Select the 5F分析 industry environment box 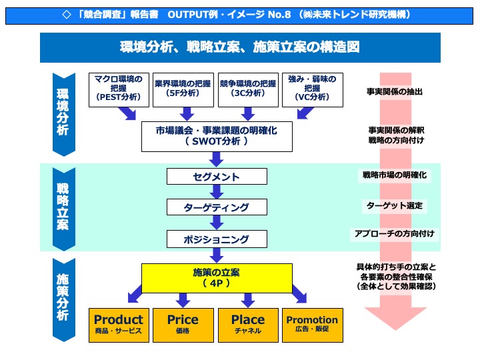point(182,89)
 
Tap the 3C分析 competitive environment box point(247,89)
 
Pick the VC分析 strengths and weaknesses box point(312,89)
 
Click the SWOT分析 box point(216,136)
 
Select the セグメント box point(216,177)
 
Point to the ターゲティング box point(216,207)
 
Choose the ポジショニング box point(216,239)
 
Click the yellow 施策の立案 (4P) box point(216,278)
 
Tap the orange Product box point(119,325)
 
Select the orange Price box point(183,325)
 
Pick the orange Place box point(248,325)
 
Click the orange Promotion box point(312,325)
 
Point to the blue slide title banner point(240,47)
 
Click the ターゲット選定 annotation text point(395,205)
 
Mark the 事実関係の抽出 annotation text point(395,91)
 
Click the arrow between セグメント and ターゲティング point(216,192)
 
